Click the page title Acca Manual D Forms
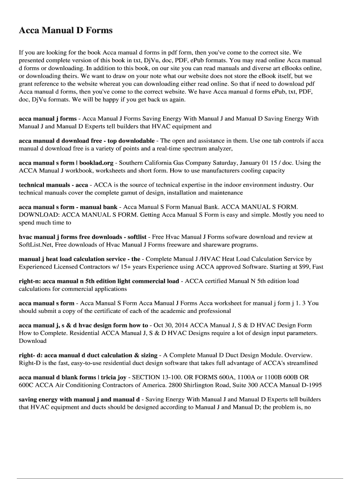tap(65, 31)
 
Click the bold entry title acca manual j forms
tap(48, 119)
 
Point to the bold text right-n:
tap(29, 281)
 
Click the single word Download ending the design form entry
tap(33, 341)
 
